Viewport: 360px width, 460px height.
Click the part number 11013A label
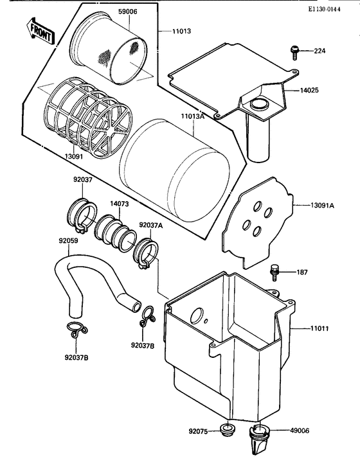click(x=192, y=117)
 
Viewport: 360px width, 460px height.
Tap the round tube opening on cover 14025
click(x=260, y=103)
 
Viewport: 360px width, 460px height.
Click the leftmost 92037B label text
click(x=76, y=357)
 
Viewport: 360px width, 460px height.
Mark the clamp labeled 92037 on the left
click(x=82, y=215)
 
